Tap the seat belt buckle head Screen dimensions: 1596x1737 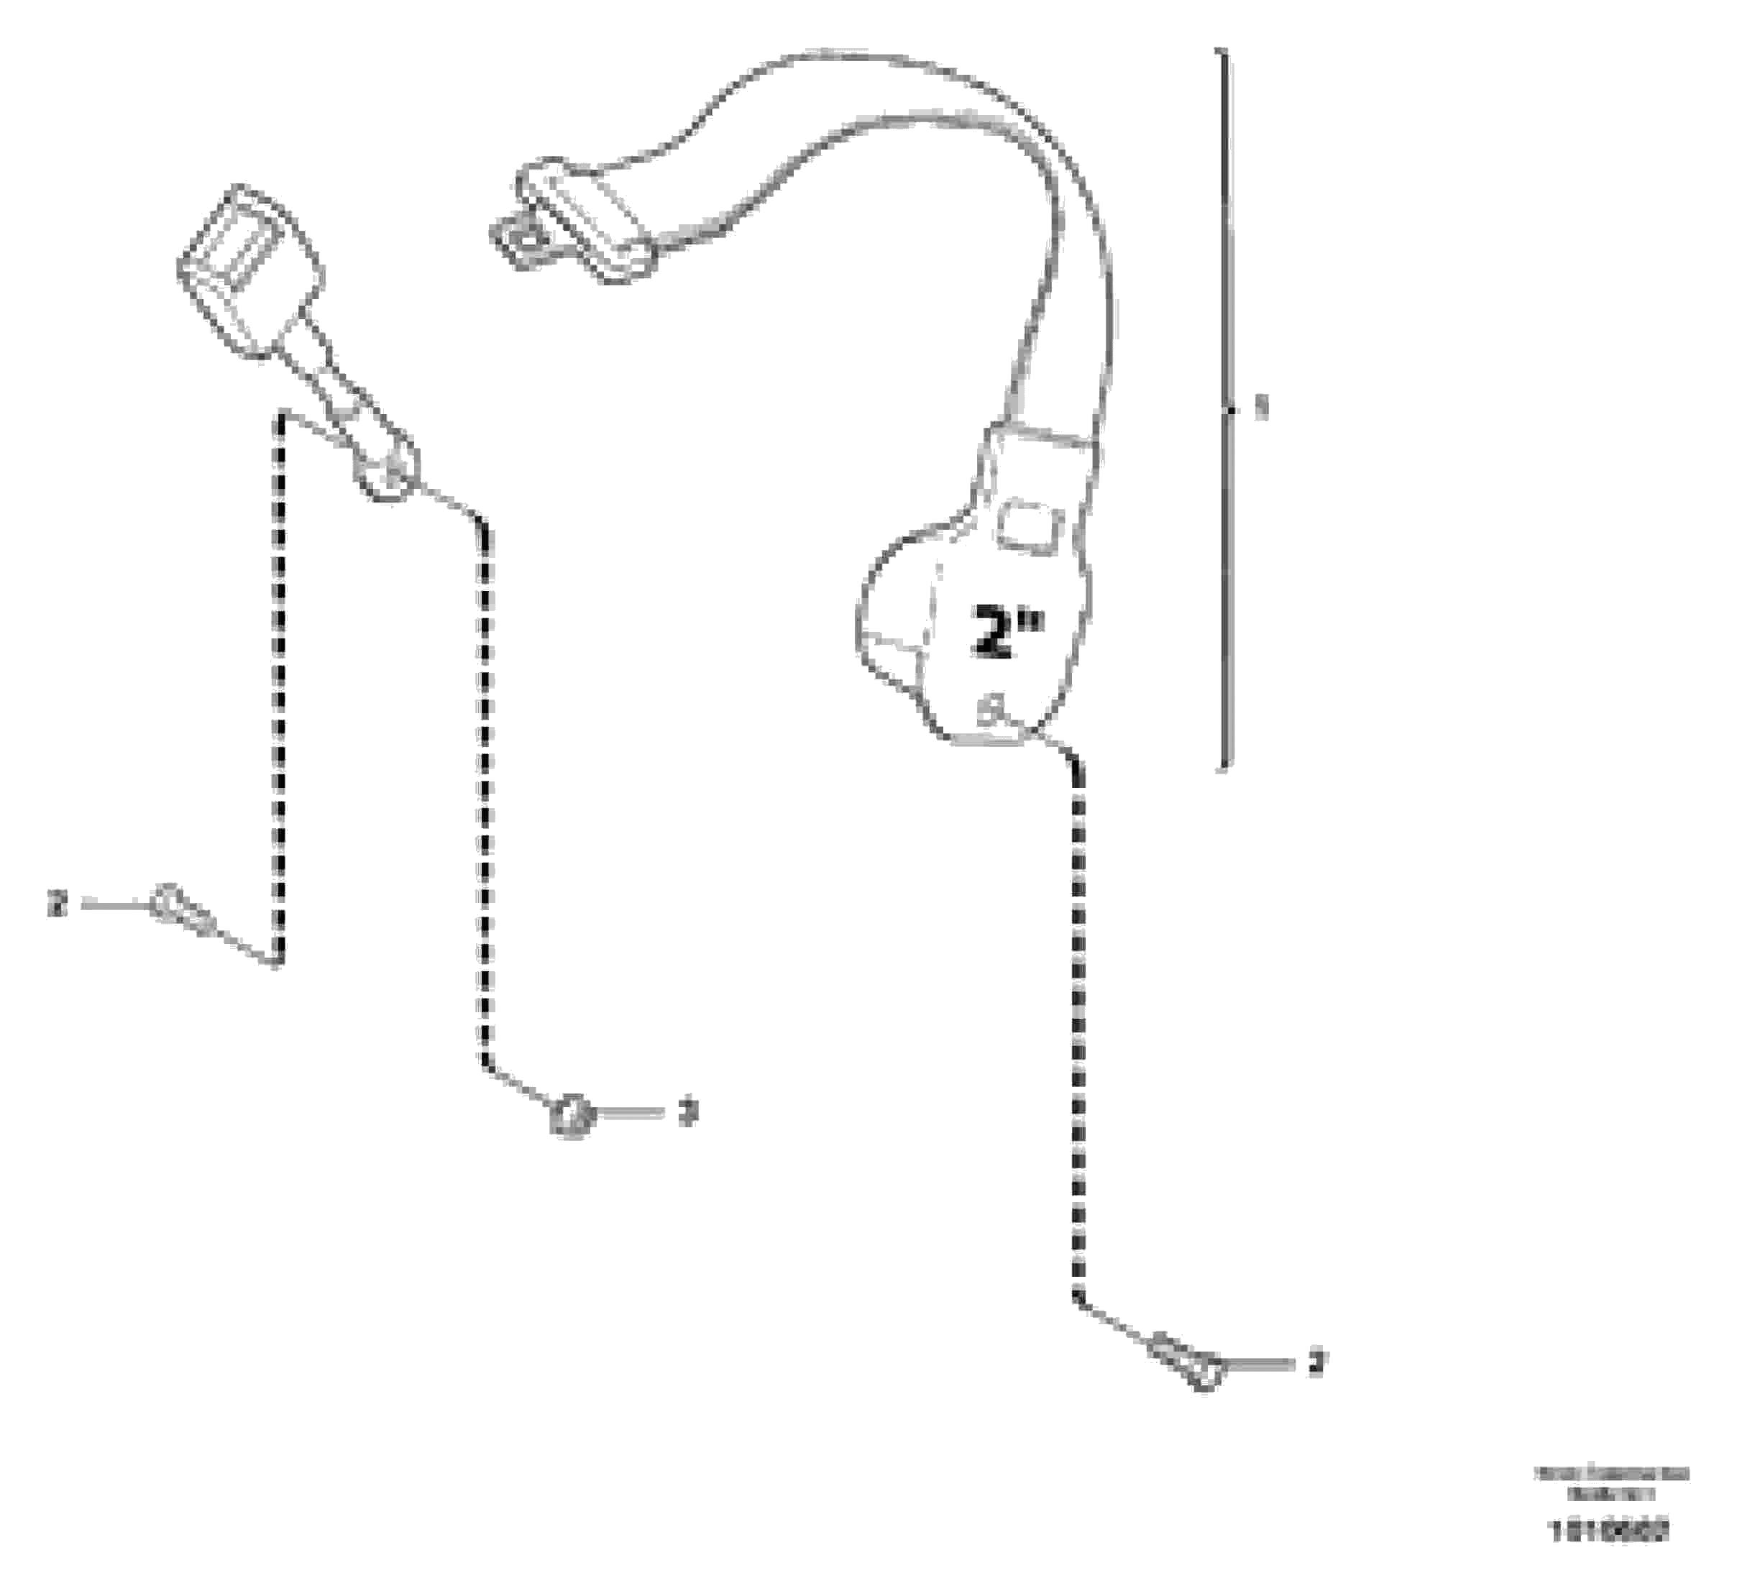point(249,269)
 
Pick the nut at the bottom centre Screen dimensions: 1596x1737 point(571,1116)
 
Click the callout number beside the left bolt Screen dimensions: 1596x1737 point(57,904)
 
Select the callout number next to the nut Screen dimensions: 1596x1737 point(687,1112)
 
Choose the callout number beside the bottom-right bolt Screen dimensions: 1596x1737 point(1316,1362)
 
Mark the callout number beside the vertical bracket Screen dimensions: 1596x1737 point(1262,408)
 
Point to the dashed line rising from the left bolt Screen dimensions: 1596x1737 point(279,691)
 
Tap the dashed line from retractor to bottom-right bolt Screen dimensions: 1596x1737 point(1077,1037)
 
